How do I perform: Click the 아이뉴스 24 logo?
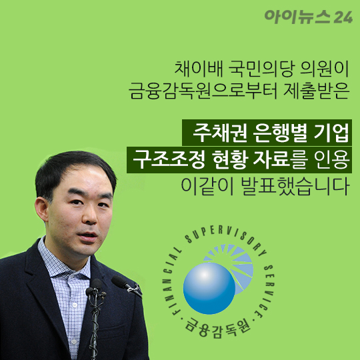click(x=309, y=17)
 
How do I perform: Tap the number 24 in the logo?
click(x=343, y=17)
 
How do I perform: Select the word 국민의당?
click(x=261, y=69)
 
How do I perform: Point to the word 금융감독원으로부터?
click(x=203, y=91)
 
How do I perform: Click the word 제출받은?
click(x=317, y=91)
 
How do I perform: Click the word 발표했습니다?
click(x=295, y=187)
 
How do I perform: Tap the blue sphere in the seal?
click(x=209, y=288)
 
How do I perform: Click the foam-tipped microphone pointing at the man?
click(x=119, y=281)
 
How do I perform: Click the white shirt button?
click(x=74, y=305)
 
